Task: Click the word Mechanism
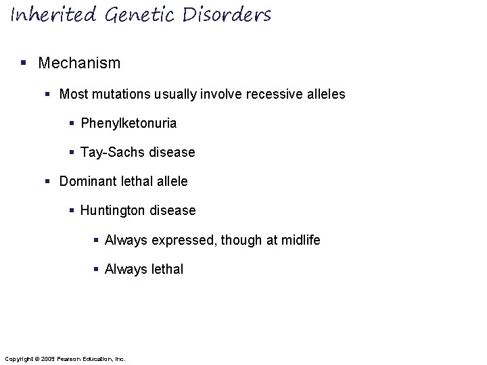[x=79, y=64]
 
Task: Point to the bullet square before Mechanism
[x=24, y=64]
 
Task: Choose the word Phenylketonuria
[x=129, y=123]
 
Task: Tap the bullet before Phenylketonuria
[x=72, y=123]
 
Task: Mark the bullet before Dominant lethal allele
[x=47, y=182]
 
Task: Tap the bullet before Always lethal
[x=96, y=269]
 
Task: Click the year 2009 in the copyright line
[x=47, y=358]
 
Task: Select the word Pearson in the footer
[x=70, y=358]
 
